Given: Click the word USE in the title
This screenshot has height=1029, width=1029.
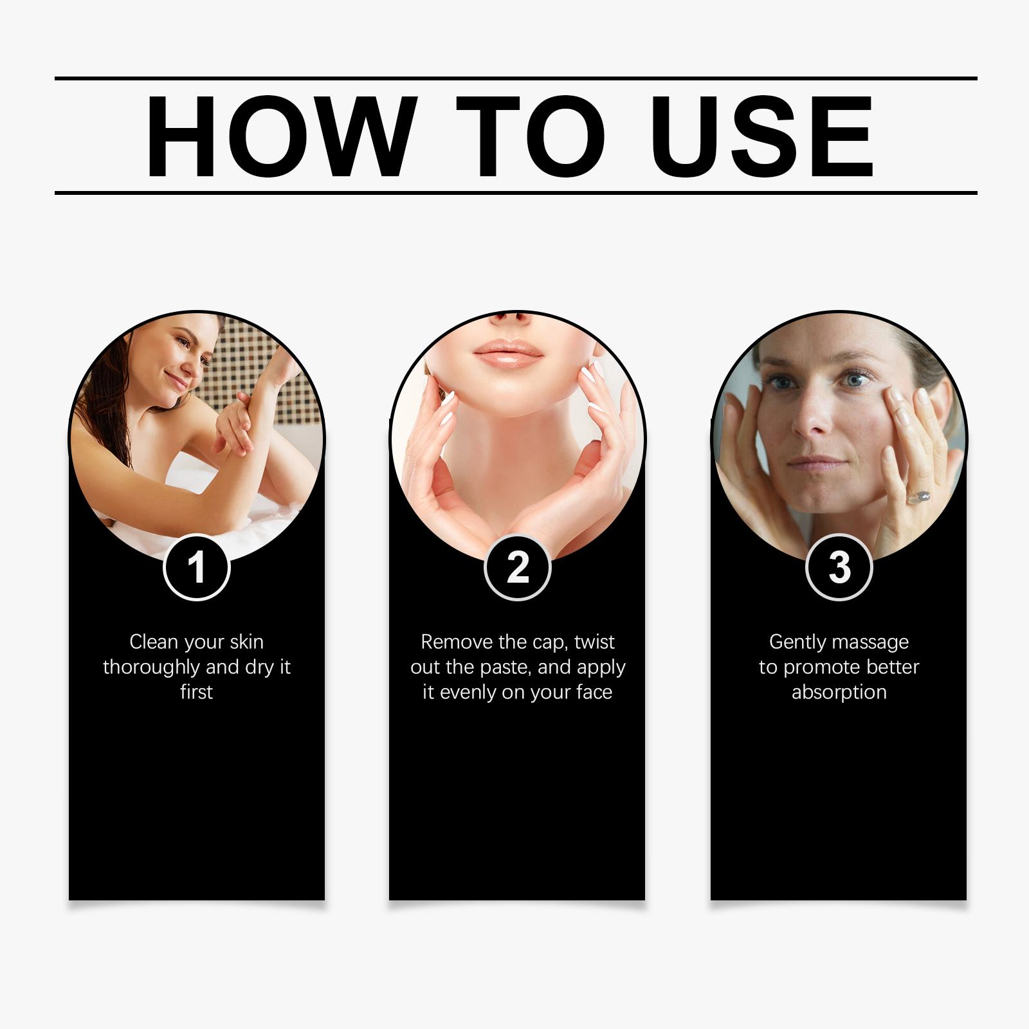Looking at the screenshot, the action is [x=765, y=136].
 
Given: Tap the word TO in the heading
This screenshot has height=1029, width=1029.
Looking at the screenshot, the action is [x=531, y=136].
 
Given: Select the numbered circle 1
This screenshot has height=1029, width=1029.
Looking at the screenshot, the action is [x=196, y=567].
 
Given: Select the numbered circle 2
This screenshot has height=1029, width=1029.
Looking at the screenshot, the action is [x=518, y=567].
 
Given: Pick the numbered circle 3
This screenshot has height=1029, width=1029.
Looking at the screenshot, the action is [x=839, y=567].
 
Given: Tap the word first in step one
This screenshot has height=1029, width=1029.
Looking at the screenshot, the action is [x=196, y=692].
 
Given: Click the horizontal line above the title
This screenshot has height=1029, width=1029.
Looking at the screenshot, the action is [x=516, y=78].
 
